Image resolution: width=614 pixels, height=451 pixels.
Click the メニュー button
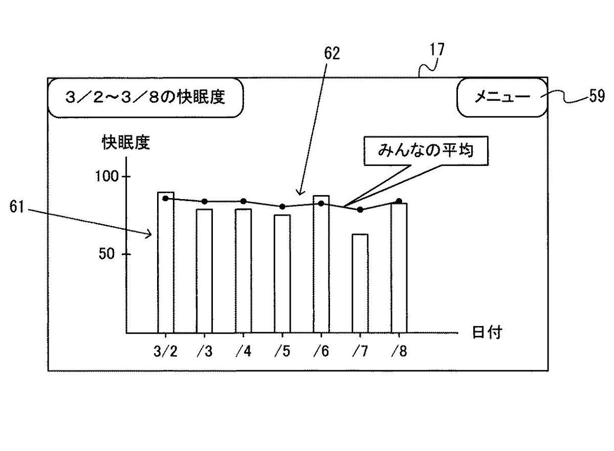click(502, 97)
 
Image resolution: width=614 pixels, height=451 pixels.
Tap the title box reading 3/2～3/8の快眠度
click(145, 98)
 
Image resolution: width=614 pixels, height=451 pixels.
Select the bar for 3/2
click(166, 263)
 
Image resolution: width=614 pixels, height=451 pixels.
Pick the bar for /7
click(360, 284)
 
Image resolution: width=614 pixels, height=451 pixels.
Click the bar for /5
click(282, 274)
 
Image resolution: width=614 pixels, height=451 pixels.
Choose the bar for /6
click(321, 264)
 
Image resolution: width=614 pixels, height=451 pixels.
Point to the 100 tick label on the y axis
click(107, 176)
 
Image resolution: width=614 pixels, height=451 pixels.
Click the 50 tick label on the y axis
click(106, 253)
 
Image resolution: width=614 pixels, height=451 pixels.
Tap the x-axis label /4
click(244, 351)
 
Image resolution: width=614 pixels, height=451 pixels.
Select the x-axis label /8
click(399, 351)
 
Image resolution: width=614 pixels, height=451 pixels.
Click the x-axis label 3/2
click(166, 351)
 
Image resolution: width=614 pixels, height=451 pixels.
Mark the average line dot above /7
click(360, 210)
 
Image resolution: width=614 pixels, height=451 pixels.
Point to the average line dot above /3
click(205, 202)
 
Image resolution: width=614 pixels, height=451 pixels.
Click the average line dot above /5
click(282, 207)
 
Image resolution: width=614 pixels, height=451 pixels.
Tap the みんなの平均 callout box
click(426, 151)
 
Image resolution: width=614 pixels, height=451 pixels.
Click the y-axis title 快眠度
click(126, 142)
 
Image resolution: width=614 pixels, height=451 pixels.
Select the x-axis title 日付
click(487, 332)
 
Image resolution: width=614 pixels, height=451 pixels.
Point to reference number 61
click(17, 207)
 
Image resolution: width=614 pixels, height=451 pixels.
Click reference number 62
click(332, 53)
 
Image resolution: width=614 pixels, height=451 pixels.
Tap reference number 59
click(597, 96)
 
